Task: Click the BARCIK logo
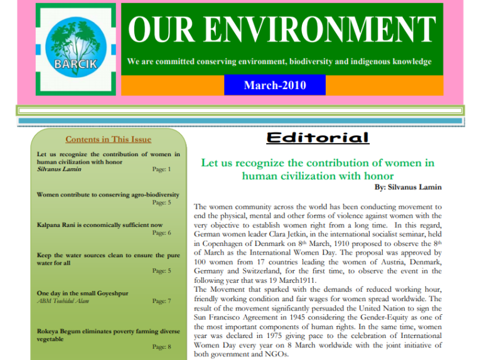pos(74,49)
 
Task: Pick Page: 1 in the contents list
pos(161,169)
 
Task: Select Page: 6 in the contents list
pos(161,233)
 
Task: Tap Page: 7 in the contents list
pos(161,302)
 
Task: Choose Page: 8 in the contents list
pos(161,346)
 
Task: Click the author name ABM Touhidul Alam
pos(64,302)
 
